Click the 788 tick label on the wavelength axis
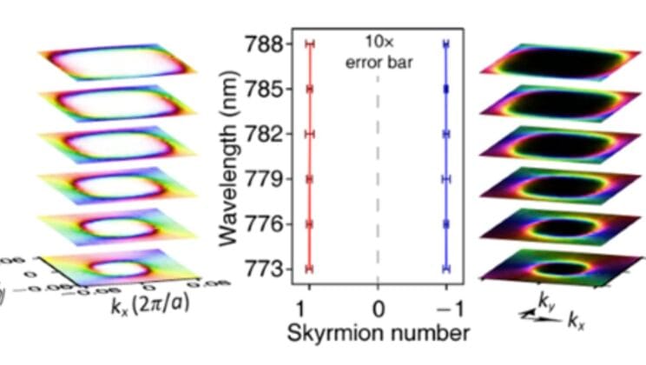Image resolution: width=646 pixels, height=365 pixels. [263, 43]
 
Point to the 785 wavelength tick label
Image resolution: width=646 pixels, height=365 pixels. [263, 89]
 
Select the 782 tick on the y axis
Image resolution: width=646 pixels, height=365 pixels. [263, 134]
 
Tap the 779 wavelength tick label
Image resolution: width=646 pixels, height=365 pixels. [263, 179]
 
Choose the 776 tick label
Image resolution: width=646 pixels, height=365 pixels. [263, 224]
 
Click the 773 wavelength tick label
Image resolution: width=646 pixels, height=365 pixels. [263, 269]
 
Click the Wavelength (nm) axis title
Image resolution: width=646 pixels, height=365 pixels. [227, 156]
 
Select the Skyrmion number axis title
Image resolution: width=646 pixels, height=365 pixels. [378, 332]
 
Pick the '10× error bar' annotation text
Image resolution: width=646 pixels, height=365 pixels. [378, 52]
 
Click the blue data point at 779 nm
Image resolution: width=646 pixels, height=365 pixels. [445, 179]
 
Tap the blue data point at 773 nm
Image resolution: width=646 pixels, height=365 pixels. [445, 269]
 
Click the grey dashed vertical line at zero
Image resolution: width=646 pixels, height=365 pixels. [378, 174]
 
